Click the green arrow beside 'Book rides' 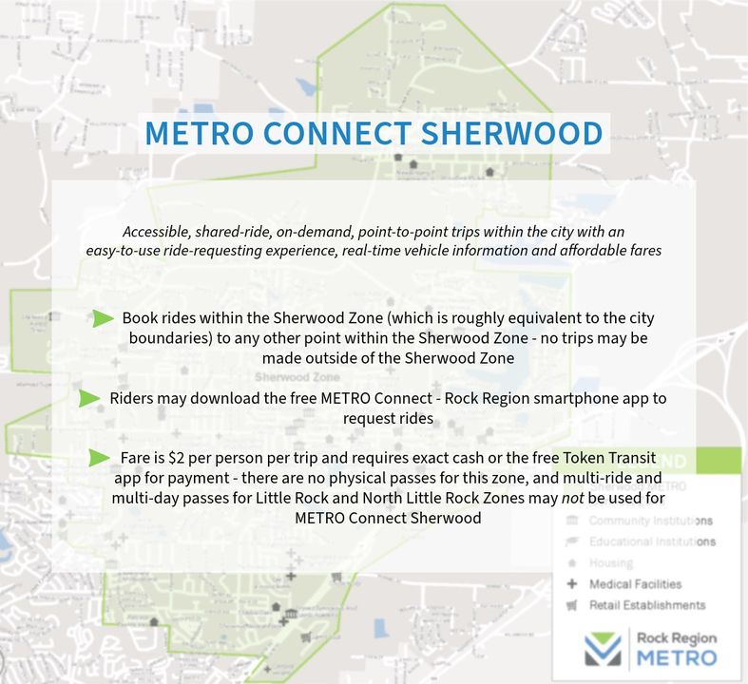(x=104, y=318)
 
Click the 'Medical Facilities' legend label (x=635, y=584)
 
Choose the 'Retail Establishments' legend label (x=647, y=605)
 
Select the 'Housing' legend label (x=610, y=563)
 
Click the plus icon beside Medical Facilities (x=572, y=584)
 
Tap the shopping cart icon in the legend (x=572, y=605)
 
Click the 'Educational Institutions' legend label (x=652, y=542)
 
